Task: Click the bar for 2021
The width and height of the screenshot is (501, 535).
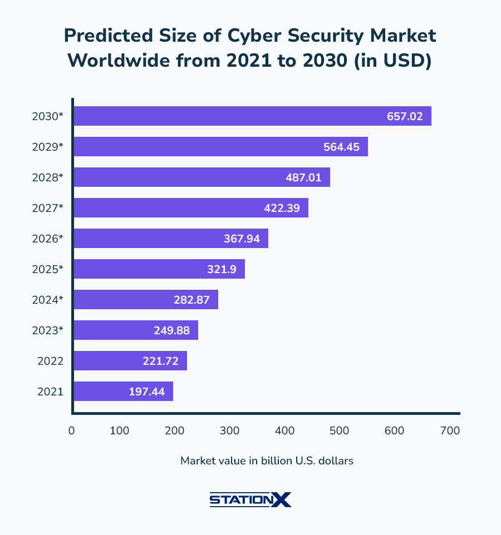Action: [123, 392]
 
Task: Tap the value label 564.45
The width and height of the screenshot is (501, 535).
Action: [341, 147]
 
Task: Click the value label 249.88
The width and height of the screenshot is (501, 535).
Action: [171, 330]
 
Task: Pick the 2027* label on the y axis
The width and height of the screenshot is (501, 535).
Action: [48, 208]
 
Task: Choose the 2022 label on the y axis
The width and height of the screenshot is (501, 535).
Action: [50, 361]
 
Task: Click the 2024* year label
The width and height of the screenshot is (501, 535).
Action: [48, 300]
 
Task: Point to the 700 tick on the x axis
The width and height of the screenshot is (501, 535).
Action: [450, 430]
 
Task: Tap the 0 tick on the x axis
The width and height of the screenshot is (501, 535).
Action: [71, 430]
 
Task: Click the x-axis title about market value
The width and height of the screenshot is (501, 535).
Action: [267, 460]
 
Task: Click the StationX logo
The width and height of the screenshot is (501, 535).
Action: [250, 499]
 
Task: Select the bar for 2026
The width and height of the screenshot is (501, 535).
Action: [170, 239]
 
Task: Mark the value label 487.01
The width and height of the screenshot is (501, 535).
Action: [303, 177]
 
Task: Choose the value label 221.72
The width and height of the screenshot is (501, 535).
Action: [160, 361]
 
